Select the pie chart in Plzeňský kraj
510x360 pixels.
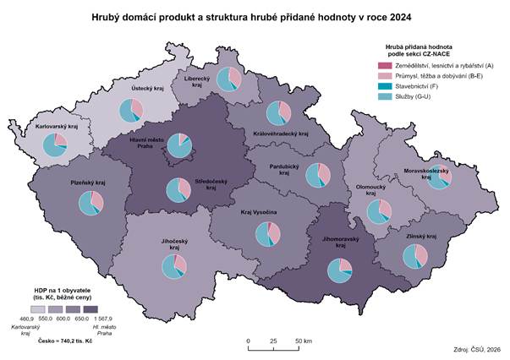pyautogui.click(x=90, y=203)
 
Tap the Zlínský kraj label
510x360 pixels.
pyautogui.click(x=422, y=237)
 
